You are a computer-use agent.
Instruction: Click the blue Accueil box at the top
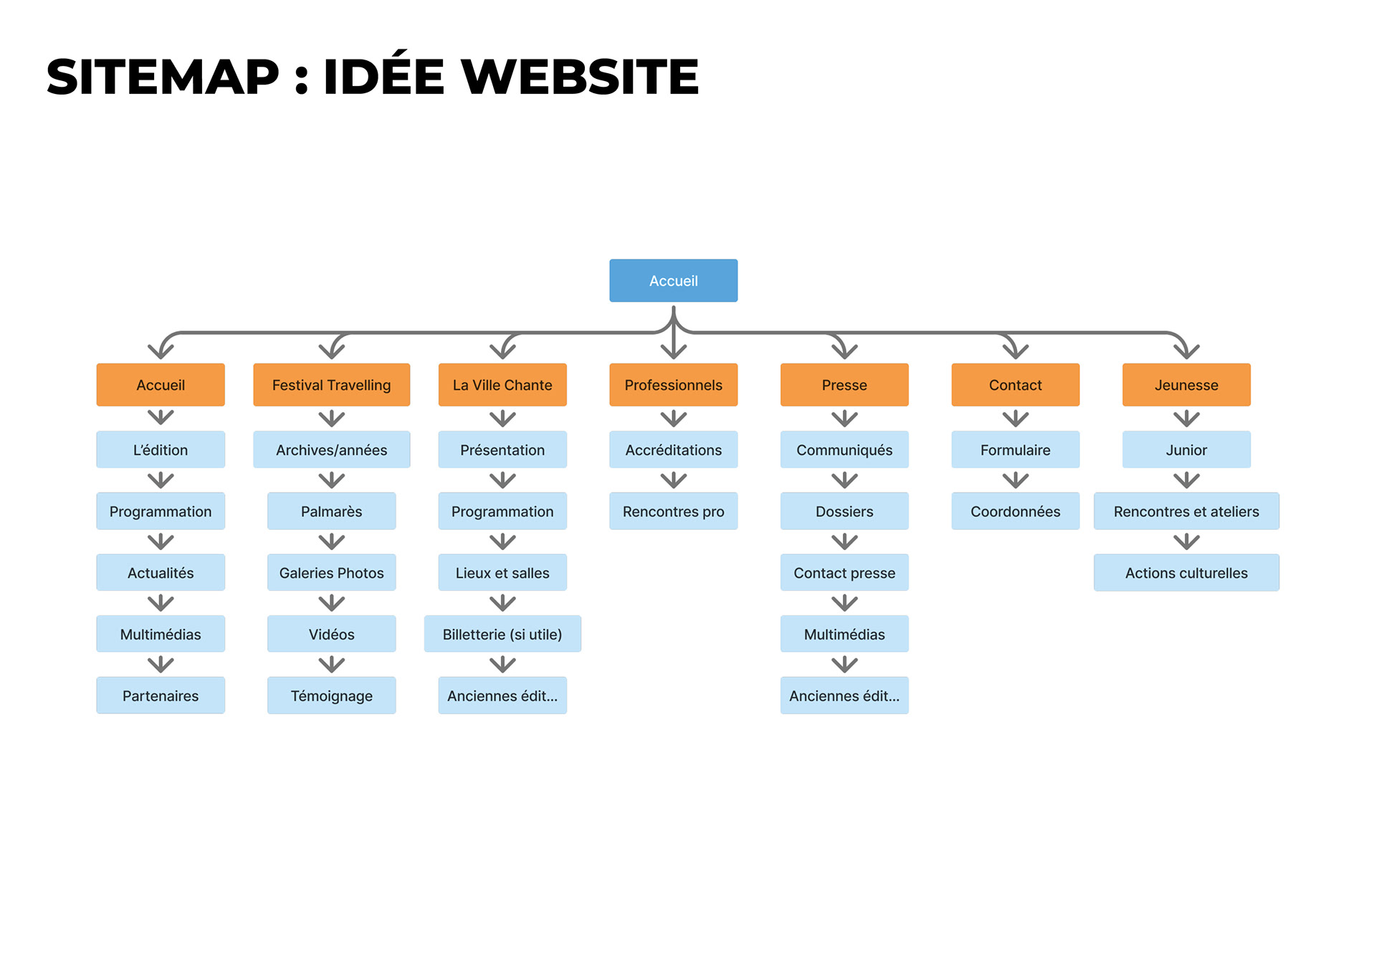point(673,280)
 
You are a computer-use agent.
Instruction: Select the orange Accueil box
point(161,385)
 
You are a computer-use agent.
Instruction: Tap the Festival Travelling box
point(331,385)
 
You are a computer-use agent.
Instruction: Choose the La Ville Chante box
point(502,385)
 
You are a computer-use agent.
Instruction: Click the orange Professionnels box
point(673,385)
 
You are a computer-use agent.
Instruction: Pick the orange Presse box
point(844,385)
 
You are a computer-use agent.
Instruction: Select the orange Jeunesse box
point(1186,385)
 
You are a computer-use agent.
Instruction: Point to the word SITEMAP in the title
point(163,77)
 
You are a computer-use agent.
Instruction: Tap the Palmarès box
point(331,511)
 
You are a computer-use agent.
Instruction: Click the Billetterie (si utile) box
point(502,634)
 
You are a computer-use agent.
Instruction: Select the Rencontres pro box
point(673,511)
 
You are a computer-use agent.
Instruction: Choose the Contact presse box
point(844,573)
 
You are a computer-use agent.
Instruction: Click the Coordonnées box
point(1015,511)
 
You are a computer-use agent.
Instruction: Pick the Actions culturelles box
point(1186,573)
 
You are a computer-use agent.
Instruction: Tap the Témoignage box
point(331,696)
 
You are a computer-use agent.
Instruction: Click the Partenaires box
point(161,696)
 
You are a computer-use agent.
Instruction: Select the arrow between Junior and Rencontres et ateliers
point(1186,480)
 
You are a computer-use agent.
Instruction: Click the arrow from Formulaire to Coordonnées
point(1015,480)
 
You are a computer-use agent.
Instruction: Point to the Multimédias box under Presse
point(844,634)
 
